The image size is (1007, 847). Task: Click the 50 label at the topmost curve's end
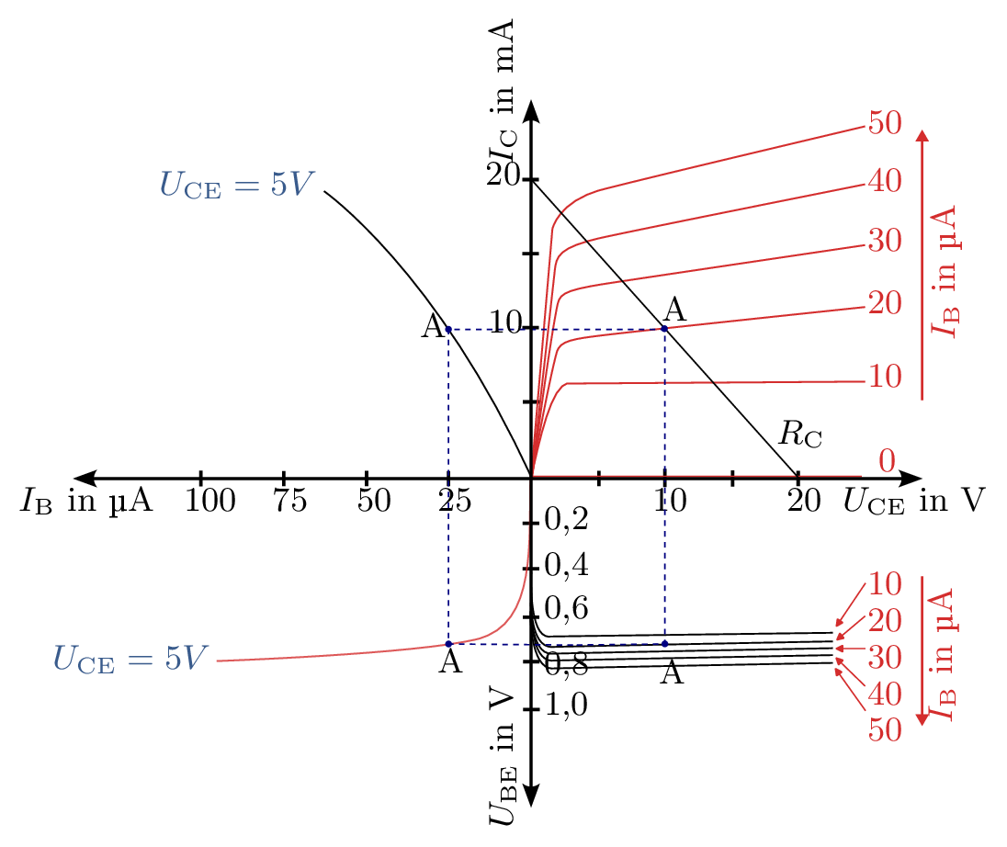tap(885, 123)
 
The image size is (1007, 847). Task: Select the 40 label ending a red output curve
tap(885, 182)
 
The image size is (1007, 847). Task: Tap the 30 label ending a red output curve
tap(885, 242)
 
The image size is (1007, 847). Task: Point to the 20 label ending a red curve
tap(885, 302)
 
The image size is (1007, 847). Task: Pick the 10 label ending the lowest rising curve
tap(885, 377)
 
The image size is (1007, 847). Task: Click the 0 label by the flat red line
tap(886, 462)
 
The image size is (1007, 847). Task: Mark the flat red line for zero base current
tap(698, 476)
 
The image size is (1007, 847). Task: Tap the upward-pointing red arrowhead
tap(923, 134)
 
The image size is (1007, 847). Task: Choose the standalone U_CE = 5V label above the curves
tap(237, 186)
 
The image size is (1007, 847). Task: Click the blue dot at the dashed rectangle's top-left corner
tap(448, 329)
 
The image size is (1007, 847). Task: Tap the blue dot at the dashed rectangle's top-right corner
tap(664, 329)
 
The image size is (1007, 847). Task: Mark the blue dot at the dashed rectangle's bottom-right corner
tap(664, 644)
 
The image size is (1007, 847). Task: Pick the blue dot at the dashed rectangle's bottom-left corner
tap(448, 644)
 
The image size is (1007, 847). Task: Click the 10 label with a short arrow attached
tap(885, 583)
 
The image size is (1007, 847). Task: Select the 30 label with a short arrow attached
tap(885, 658)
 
